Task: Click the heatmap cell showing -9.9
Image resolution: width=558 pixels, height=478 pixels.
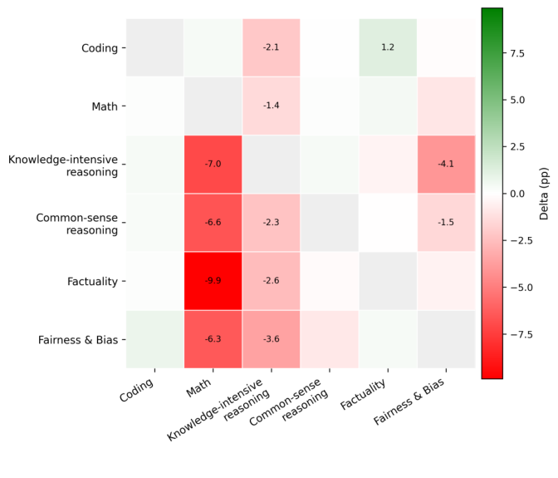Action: pyautogui.click(x=213, y=281)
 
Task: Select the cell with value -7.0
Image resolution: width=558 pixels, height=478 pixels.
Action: pyautogui.click(x=213, y=164)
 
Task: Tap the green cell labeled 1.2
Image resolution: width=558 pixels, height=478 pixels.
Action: pyautogui.click(x=388, y=47)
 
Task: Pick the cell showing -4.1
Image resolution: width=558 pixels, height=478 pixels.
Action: pyautogui.click(x=446, y=164)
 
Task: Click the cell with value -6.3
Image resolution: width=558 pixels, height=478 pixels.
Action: pyautogui.click(x=213, y=339)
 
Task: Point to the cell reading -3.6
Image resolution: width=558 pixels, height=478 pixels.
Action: pyautogui.click(x=272, y=339)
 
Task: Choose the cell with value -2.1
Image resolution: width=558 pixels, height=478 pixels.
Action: pyautogui.click(x=272, y=47)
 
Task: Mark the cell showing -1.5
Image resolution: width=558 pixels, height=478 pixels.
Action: pyautogui.click(x=446, y=223)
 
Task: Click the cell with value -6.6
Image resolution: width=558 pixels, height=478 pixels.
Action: pyautogui.click(x=213, y=223)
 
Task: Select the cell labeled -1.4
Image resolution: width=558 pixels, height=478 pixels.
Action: pyautogui.click(x=272, y=106)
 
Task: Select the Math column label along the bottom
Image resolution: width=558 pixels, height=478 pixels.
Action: pyautogui.click(x=200, y=389)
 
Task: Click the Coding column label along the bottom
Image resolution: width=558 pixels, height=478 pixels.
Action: pyautogui.click(x=139, y=392)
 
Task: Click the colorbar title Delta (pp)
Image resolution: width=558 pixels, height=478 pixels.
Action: pyautogui.click(x=545, y=194)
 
